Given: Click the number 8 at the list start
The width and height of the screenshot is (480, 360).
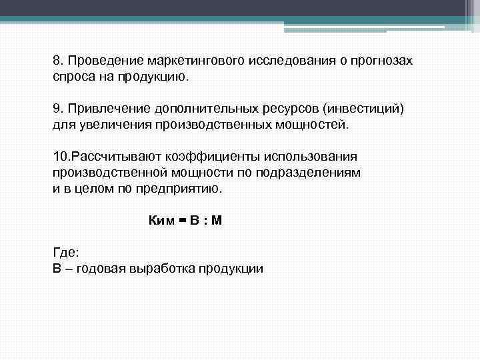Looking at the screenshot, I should [x=57, y=60].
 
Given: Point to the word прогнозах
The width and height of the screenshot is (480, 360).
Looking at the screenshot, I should [x=380, y=61].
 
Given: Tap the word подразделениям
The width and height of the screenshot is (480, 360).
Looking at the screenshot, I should [x=317, y=173].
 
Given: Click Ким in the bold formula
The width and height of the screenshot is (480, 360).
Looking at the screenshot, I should [x=161, y=221].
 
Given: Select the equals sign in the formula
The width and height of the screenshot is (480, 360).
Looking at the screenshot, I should [x=181, y=221].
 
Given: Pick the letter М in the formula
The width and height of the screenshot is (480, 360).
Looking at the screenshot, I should [x=216, y=221].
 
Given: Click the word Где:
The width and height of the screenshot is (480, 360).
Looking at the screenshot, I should [x=65, y=253].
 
